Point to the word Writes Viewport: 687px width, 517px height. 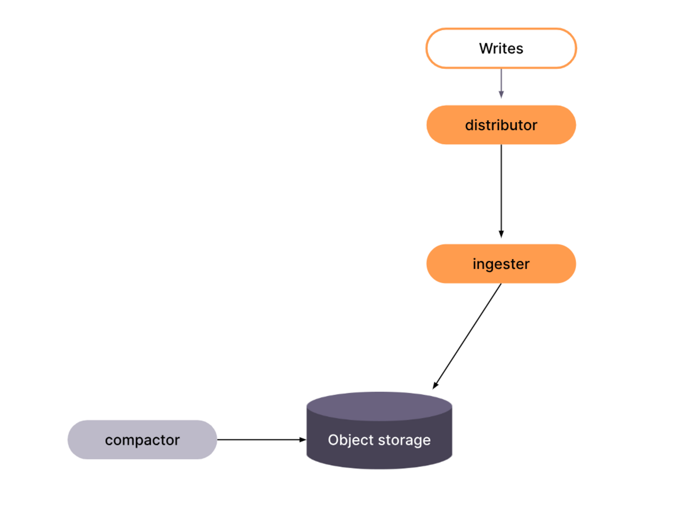[501, 49]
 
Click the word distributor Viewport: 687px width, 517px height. [501, 125]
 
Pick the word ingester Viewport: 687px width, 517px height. [501, 264]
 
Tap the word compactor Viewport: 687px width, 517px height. [142, 440]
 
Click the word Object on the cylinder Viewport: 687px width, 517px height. [345, 440]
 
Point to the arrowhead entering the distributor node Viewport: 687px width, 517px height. [501, 95]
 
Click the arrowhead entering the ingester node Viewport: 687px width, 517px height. [501, 234]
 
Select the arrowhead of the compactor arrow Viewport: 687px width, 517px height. [302, 439]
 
